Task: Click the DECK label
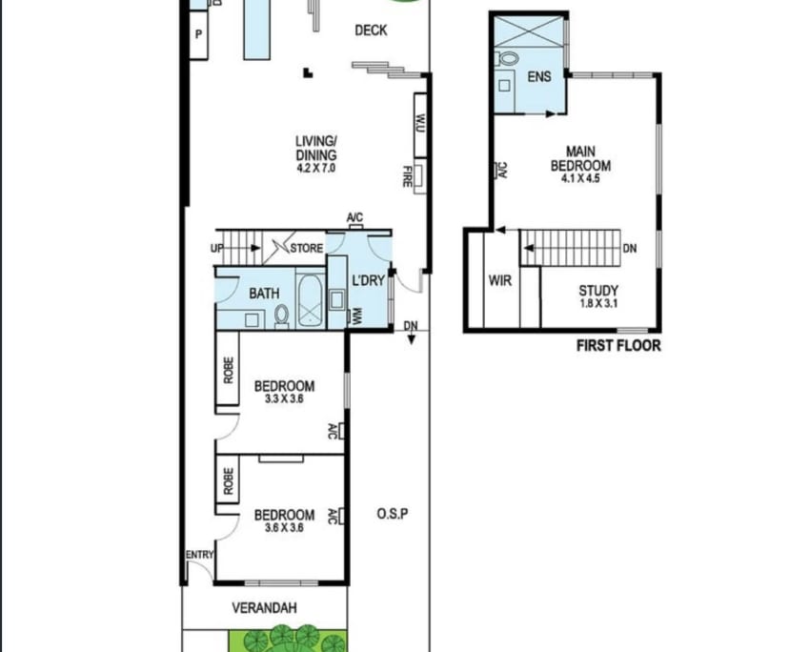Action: [371, 31]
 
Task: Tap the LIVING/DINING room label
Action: [316, 149]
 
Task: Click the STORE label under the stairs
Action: [307, 249]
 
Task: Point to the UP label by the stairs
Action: [217, 249]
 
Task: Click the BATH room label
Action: [264, 294]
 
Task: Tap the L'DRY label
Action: [367, 281]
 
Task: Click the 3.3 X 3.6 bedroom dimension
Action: [284, 401]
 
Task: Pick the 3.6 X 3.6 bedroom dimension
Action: [284, 528]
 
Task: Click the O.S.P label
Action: [392, 515]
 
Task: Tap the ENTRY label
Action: [200, 556]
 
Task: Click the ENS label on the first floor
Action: [539, 77]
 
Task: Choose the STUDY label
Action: [598, 291]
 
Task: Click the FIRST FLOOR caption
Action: [617, 345]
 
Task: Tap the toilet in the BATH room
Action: [282, 316]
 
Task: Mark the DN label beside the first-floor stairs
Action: [629, 250]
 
